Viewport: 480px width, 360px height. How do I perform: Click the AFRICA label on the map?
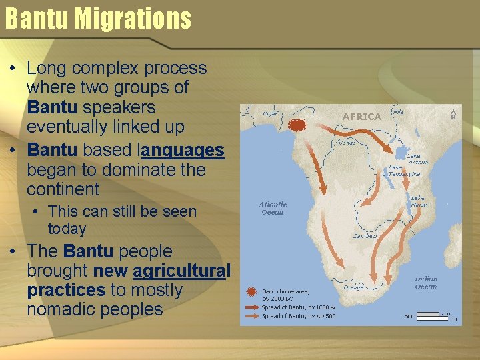click(361, 117)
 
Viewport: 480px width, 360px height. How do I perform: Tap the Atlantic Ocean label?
click(273, 208)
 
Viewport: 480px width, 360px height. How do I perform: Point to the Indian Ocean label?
click(426, 283)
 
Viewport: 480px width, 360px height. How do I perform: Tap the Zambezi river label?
click(365, 236)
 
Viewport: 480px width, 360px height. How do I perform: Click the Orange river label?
click(353, 288)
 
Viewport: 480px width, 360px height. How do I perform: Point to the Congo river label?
click(347, 142)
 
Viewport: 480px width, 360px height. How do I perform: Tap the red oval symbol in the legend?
click(251, 292)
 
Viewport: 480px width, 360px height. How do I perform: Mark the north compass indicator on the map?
click(453, 114)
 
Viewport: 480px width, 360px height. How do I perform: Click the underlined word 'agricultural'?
click(181, 271)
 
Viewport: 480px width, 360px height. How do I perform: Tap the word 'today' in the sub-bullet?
click(67, 229)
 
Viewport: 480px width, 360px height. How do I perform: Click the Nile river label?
click(399, 113)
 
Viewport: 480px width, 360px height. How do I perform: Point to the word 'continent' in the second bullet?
click(63, 189)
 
